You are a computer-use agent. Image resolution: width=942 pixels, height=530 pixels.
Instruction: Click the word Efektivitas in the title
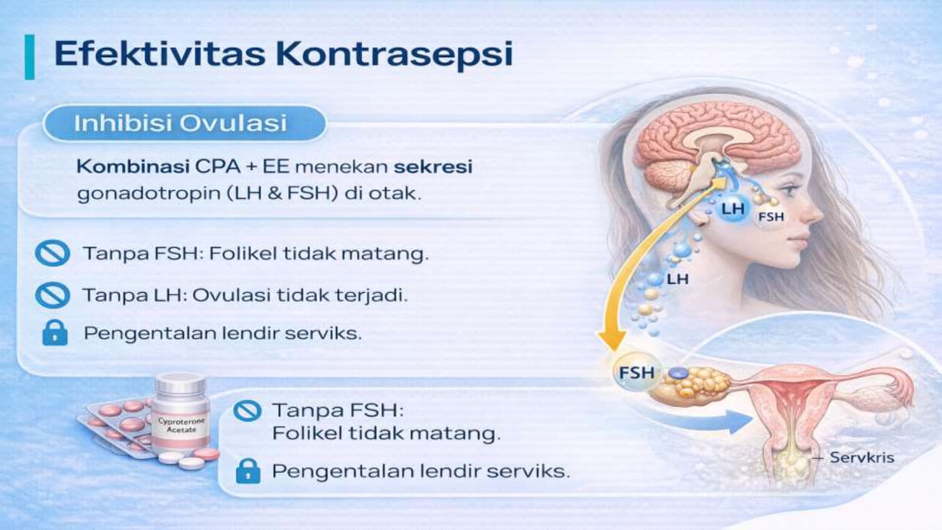pyautogui.click(x=160, y=54)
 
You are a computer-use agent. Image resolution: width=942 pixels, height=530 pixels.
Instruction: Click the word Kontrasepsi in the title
pyautogui.click(x=394, y=55)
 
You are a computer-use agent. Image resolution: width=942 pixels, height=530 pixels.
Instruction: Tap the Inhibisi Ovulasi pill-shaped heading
pyautogui.click(x=184, y=123)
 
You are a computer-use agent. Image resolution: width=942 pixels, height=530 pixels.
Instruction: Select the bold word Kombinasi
pyautogui.click(x=133, y=166)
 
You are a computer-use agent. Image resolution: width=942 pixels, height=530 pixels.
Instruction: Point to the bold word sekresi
pyautogui.click(x=433, y=166)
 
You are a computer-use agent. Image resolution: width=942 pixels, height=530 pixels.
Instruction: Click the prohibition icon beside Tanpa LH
pyautogui.click(x=53, y=295)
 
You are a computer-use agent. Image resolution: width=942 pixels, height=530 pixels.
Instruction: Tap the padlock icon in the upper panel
pyautogui.click(x=55, y=333)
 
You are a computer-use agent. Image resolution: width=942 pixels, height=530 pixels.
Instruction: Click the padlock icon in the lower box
pyautogui.click(x=248, y=470)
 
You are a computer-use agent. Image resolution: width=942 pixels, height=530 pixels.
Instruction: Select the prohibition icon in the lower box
pyautogui.click(x=247, y=410)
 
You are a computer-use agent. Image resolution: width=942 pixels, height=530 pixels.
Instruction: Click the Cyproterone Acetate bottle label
pyautogui.click(x=181, y=425)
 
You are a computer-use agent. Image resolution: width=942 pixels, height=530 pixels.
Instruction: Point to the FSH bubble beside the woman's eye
pyautogui.click(x=771, y=217)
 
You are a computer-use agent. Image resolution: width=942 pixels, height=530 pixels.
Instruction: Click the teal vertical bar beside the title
pyautogui.click(x=30, y=57)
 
